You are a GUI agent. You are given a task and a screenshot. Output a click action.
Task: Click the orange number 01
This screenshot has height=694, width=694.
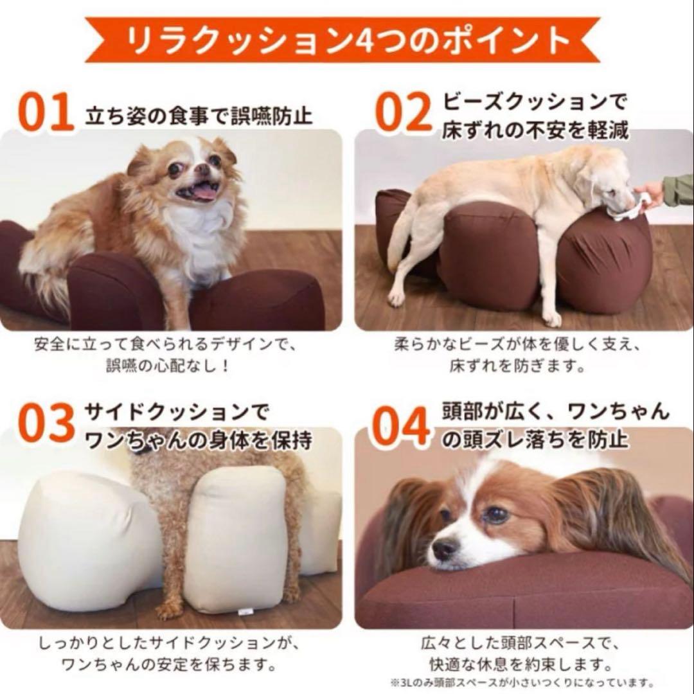pyautogui.click(x=46, y=113)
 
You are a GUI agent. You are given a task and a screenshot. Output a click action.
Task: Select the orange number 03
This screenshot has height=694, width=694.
pyautogui.click(x=46, y=424)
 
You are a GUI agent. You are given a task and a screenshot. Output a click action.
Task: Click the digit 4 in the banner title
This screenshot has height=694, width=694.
pyautogui.click(x=355, y=40)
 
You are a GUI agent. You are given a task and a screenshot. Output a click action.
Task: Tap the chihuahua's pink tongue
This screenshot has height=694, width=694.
pyautogui.click(x=204, y=191)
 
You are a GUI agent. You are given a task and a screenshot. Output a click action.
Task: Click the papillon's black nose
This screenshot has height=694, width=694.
pyautogui.click(x=444, y=548)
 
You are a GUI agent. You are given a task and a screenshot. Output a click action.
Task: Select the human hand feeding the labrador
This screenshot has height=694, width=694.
pyautogui.click(x=650, y=191)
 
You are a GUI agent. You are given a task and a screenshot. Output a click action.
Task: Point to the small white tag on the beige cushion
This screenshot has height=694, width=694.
pyautogui.click(x=243, y=611)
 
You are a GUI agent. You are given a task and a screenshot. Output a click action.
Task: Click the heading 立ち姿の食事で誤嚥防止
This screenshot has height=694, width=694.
pyautogui.click(x=199, y=116)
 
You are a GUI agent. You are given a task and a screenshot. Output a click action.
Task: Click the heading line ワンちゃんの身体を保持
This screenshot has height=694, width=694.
pyautogui.click(x=199, y=441)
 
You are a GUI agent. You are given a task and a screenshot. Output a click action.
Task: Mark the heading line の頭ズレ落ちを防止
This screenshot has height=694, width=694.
pyautogui.click(x=535, y=441)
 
